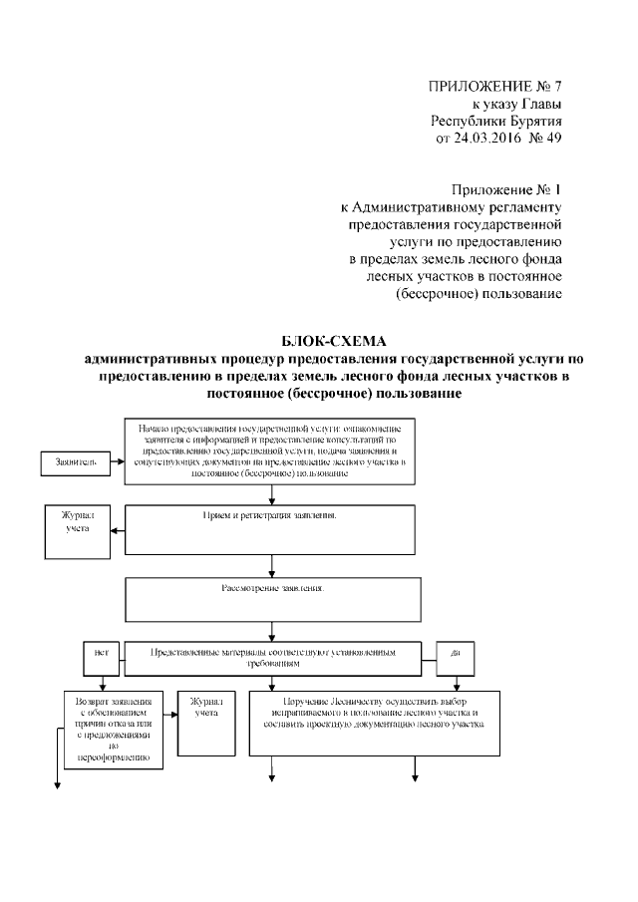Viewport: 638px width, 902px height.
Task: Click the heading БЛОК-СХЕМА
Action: tap(319, 342)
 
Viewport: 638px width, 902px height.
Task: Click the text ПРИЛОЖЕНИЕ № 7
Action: tap(495, 85)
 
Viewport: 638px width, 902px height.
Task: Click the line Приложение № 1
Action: tap(507, 189)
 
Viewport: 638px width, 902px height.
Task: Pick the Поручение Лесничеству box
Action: tap(371, 722)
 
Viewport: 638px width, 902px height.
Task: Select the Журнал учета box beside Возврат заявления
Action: tap(206, 722)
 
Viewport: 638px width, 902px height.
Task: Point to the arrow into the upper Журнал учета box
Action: tap(117, 528)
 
